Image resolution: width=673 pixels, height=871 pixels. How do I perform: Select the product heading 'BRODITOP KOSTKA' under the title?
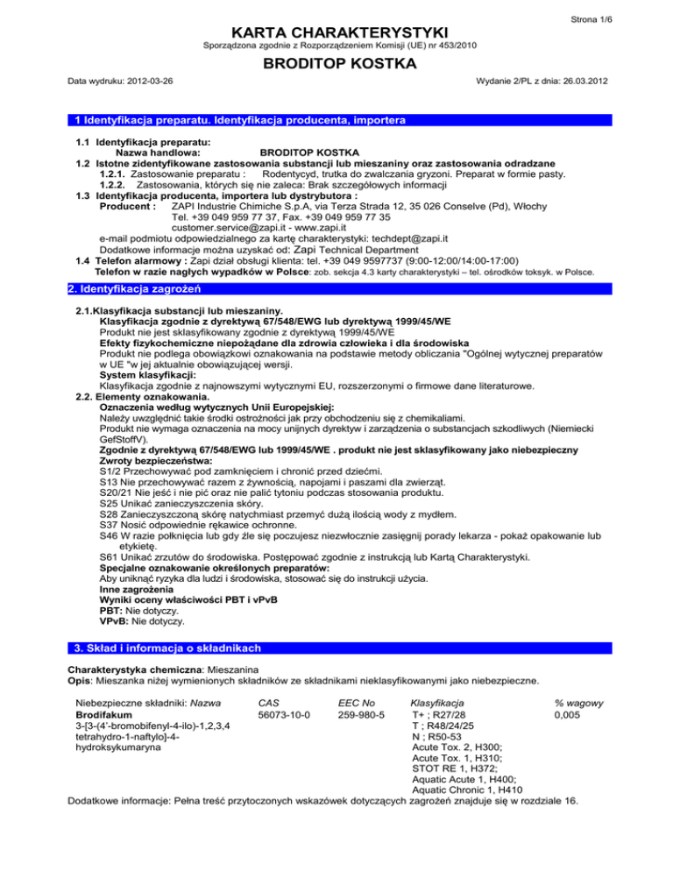(336, 64)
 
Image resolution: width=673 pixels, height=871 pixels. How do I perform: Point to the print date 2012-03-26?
(144, 81)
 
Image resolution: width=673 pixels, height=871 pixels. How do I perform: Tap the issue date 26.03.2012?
(577, 81)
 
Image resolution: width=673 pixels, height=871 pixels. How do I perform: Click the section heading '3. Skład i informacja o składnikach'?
(166, 648)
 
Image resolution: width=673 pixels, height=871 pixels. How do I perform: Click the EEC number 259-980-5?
(363, 715)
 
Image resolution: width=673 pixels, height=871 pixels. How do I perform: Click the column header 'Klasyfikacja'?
(438, 704)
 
